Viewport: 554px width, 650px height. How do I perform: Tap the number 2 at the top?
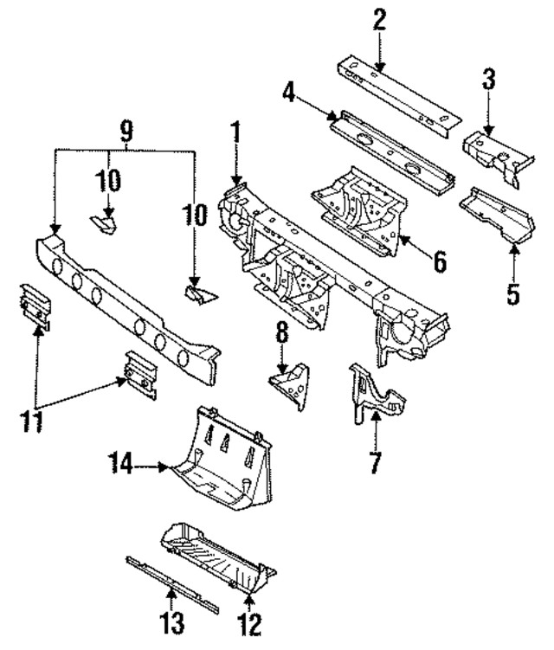pyautogui.click(x=378, y=20)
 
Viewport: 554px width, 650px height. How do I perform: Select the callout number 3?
pyautogui.click(x=489, y=84)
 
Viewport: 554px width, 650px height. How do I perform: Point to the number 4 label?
pyautogui.click(x=289, y=93)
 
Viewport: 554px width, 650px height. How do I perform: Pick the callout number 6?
pyautogui.click(x=441, y=260)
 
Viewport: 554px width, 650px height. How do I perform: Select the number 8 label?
pyautogui.click(x=280, y=333)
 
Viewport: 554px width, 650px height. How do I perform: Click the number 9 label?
pyautogui.click(x=126, y=131)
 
